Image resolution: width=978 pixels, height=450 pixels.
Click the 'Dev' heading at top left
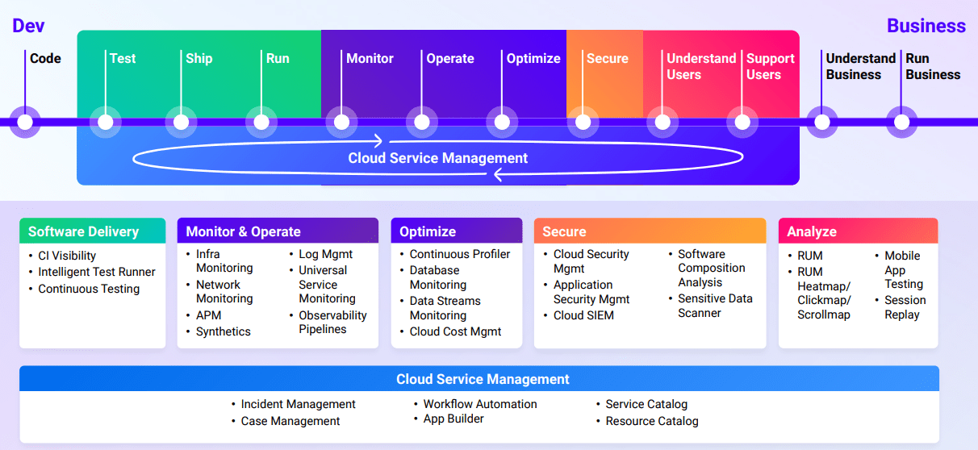click(x=27, y=26)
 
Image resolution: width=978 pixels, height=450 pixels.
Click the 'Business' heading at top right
click(x=926, y=26)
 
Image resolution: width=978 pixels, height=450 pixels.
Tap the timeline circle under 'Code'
click(x=25, y=123)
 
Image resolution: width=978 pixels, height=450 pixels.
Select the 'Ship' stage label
click(x=199, y=59)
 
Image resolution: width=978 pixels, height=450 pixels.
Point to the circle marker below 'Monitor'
click(x=341, y=123)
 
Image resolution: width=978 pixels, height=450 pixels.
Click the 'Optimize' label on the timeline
click(x=533, y=59)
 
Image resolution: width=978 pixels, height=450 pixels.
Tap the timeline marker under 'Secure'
click(x=582, y=123)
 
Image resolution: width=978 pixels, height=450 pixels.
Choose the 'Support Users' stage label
click(x=770, y=66)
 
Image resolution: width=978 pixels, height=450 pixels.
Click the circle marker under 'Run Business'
click(x=901, y=123)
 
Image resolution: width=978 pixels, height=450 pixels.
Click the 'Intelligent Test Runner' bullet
click(x=96, y=272)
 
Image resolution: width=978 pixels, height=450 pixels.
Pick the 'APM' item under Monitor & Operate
click(x=208, y=315)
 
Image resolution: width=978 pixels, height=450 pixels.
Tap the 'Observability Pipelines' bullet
click(x=332, y=323)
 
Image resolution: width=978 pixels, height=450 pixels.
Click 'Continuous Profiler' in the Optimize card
click(x=459, y=254)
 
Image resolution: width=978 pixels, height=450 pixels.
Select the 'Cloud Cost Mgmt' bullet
click(x=455, y=331)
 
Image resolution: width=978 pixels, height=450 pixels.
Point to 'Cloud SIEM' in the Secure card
click(x=583, y=315)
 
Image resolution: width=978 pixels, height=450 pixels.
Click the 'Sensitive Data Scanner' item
click(x=714, y=306)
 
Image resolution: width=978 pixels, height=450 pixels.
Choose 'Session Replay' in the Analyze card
click(x=905, y=307)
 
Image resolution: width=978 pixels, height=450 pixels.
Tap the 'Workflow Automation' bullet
click(x=479, y=404)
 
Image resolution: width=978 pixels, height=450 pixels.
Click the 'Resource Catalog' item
click(x=651, y=421)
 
